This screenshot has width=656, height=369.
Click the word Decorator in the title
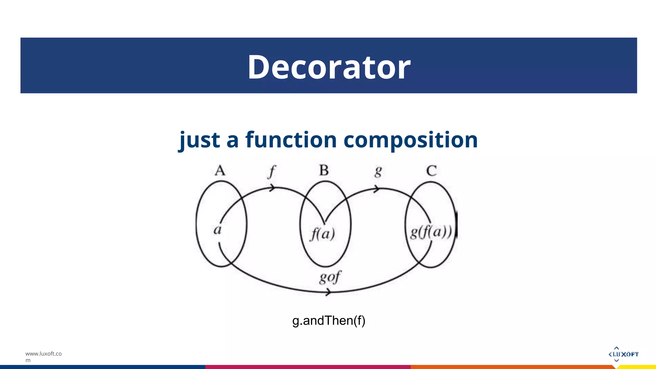coord(329,67)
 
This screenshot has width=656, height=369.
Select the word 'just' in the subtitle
coord(199,140)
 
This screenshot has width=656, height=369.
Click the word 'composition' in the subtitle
coord(410,140)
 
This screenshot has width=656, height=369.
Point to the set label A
coord(220,170)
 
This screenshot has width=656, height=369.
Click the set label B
coord(324,170)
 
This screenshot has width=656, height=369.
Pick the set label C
coord(431,170)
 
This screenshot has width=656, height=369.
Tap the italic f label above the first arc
coord(272,172)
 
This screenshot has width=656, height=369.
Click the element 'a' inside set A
coord(217,230)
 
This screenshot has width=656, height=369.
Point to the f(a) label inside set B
coord(323,234)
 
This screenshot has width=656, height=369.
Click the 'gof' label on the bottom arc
coord(330,277)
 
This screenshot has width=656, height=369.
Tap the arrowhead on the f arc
coord(272,188)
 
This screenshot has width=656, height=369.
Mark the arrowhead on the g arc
coord(377,189)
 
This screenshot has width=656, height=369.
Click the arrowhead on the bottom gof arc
coord(328,292)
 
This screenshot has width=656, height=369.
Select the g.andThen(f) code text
coord(329,321)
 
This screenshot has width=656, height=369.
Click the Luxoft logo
coord(623,354)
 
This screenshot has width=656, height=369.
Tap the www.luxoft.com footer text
coord(43,357)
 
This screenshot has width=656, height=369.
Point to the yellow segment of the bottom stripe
coord(637,367)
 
